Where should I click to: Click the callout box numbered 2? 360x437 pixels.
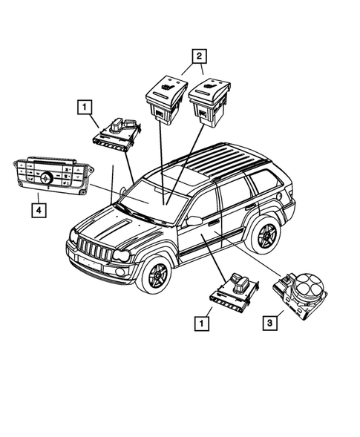tap(197, 54)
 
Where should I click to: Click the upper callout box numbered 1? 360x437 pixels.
tap(87, 109)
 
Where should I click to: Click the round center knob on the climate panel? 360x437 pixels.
tap(46, 179)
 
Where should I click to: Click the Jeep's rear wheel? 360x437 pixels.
tap(263, 235)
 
